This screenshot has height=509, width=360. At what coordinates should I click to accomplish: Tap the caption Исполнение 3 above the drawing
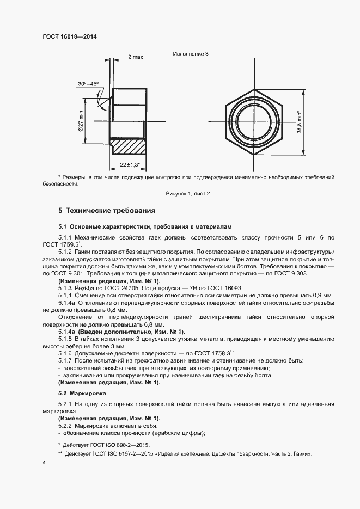click(x=191, y=54)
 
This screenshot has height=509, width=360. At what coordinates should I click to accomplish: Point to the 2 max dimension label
click(x=136, y=57)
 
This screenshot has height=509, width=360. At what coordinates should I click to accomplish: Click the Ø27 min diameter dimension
click(x=81, y=121)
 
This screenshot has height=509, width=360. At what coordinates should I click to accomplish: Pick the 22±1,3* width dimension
click(x=130, y=164)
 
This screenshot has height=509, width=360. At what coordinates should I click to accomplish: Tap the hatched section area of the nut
click(x=129, y=146)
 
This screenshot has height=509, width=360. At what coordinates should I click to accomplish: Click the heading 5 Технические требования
click(x=107, y=210)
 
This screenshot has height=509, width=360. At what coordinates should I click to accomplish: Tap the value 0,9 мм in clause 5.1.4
click(x=320, y=295)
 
